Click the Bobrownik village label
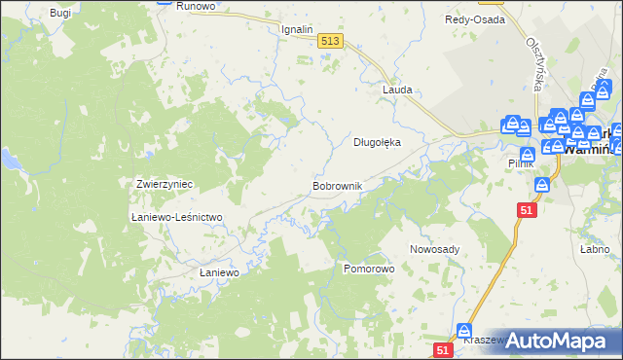coord(337,185)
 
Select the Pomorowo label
coord(368,267)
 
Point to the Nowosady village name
coord(434,249)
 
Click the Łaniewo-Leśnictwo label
coord(178,217)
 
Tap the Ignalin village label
coord(297,29)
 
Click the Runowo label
coord(195,5)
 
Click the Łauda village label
coord(397,90)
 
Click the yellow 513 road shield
coord(329,40)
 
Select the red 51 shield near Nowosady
coord(527,209)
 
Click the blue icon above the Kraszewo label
coord(464,332)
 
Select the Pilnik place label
coord(522,164)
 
